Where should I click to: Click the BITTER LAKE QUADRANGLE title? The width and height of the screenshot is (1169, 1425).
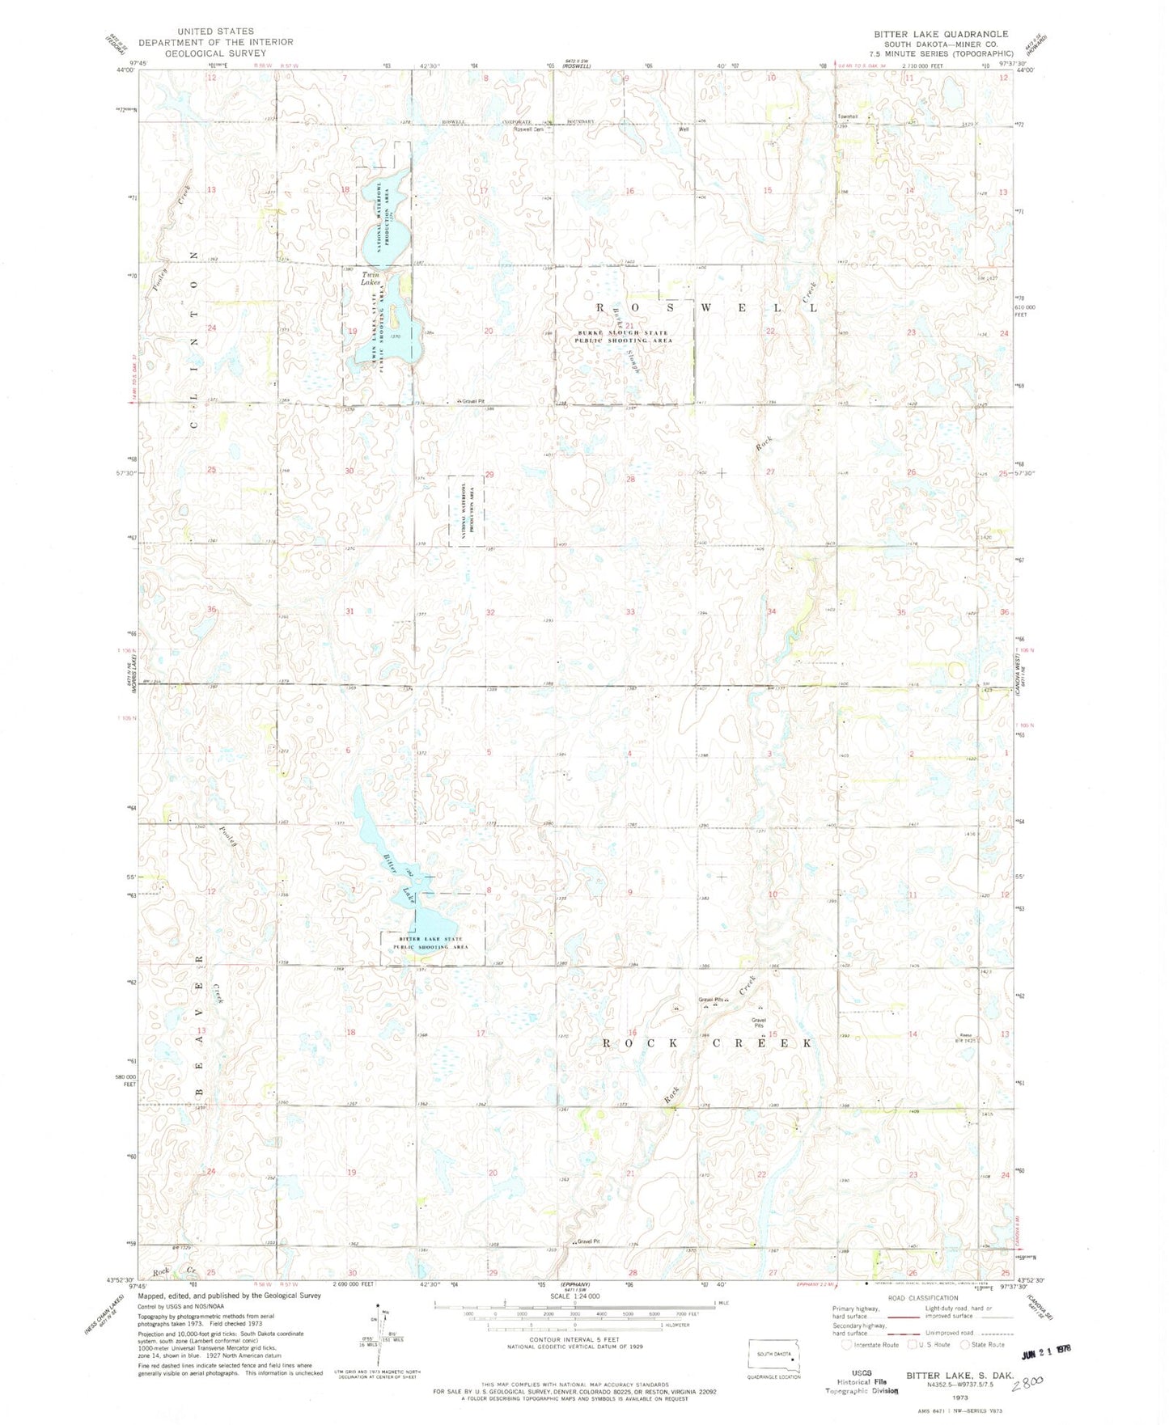pos(940,34)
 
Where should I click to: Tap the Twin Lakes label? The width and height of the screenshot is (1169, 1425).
pos(371,278)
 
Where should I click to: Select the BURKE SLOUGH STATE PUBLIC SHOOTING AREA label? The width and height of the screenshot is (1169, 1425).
pos(624,336)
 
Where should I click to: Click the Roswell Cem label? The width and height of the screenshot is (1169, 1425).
pos(533,129)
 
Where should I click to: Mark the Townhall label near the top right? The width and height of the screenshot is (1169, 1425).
pos(847,116)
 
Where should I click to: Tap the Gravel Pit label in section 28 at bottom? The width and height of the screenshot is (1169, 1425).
pos(589,1241)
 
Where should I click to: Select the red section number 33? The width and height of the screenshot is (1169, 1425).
pos(629,612)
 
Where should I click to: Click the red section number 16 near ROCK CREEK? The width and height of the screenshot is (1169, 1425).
pos(632,1033)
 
